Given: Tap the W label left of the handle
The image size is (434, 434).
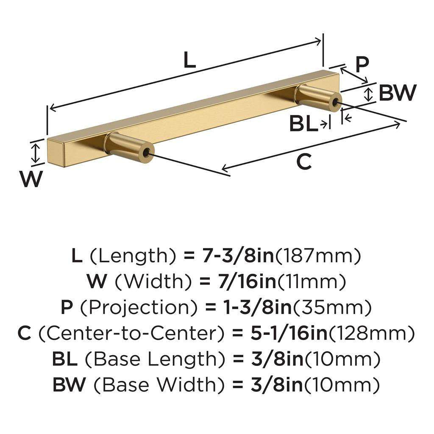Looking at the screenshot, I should pyautogui.click(x=31, y=179).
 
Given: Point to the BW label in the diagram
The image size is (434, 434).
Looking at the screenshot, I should pyautogui.click(x=397, y=93).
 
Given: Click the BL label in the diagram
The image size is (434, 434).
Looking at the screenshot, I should pyautogui.click(x=303, y=124).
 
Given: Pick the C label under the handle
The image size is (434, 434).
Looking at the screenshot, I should pyautogui.click(x=303, y=161).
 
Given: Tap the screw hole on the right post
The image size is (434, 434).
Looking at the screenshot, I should pyautogui.click(x=336, y=103).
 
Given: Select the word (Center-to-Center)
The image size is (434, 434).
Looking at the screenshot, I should pyautogui.click(x=131, y=334).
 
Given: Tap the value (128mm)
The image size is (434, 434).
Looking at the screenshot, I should pyautogui.click(x=372, y=334).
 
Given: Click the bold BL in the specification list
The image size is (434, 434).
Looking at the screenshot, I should pyautogui.click(x=65, y=359).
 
